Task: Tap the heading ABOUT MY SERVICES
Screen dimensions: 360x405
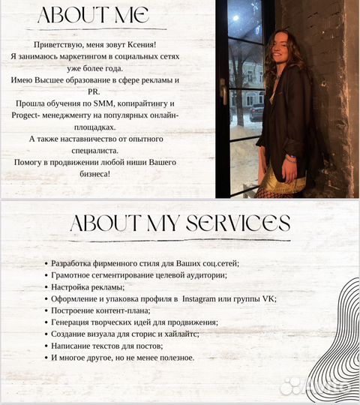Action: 179,223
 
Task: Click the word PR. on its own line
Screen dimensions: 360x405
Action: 104,88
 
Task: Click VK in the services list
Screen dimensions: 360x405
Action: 269,298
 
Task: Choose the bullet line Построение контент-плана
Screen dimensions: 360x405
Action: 101,310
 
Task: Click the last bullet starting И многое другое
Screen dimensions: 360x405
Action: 123,358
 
